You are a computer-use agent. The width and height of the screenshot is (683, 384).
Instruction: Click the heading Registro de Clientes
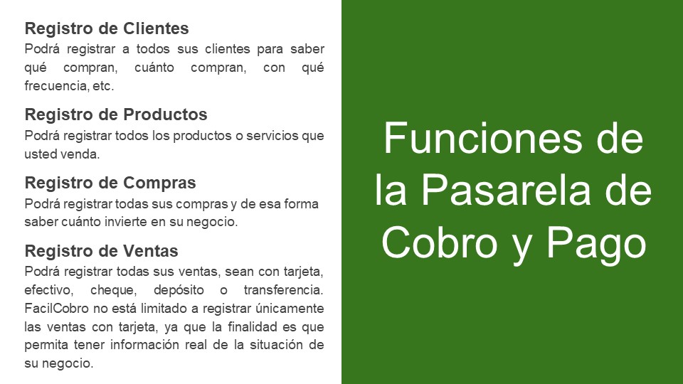pos(107,28)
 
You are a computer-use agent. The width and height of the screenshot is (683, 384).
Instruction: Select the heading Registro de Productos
pos(116,114)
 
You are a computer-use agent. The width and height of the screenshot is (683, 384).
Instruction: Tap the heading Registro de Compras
pos(110,183)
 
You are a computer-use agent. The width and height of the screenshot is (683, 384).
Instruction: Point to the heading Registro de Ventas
pos(102,251)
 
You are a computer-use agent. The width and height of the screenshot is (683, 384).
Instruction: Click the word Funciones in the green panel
pos(482,139)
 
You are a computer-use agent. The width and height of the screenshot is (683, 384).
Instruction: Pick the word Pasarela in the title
pos(506,191)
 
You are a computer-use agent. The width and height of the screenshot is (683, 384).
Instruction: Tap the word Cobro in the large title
pos(440,242)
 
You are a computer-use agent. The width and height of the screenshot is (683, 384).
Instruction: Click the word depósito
pos(179,290)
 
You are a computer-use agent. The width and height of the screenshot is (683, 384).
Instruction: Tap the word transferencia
pos(284,290)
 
